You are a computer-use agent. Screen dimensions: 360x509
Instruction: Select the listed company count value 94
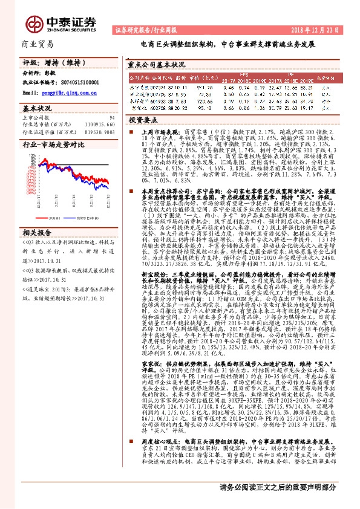(x=112, y=117)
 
